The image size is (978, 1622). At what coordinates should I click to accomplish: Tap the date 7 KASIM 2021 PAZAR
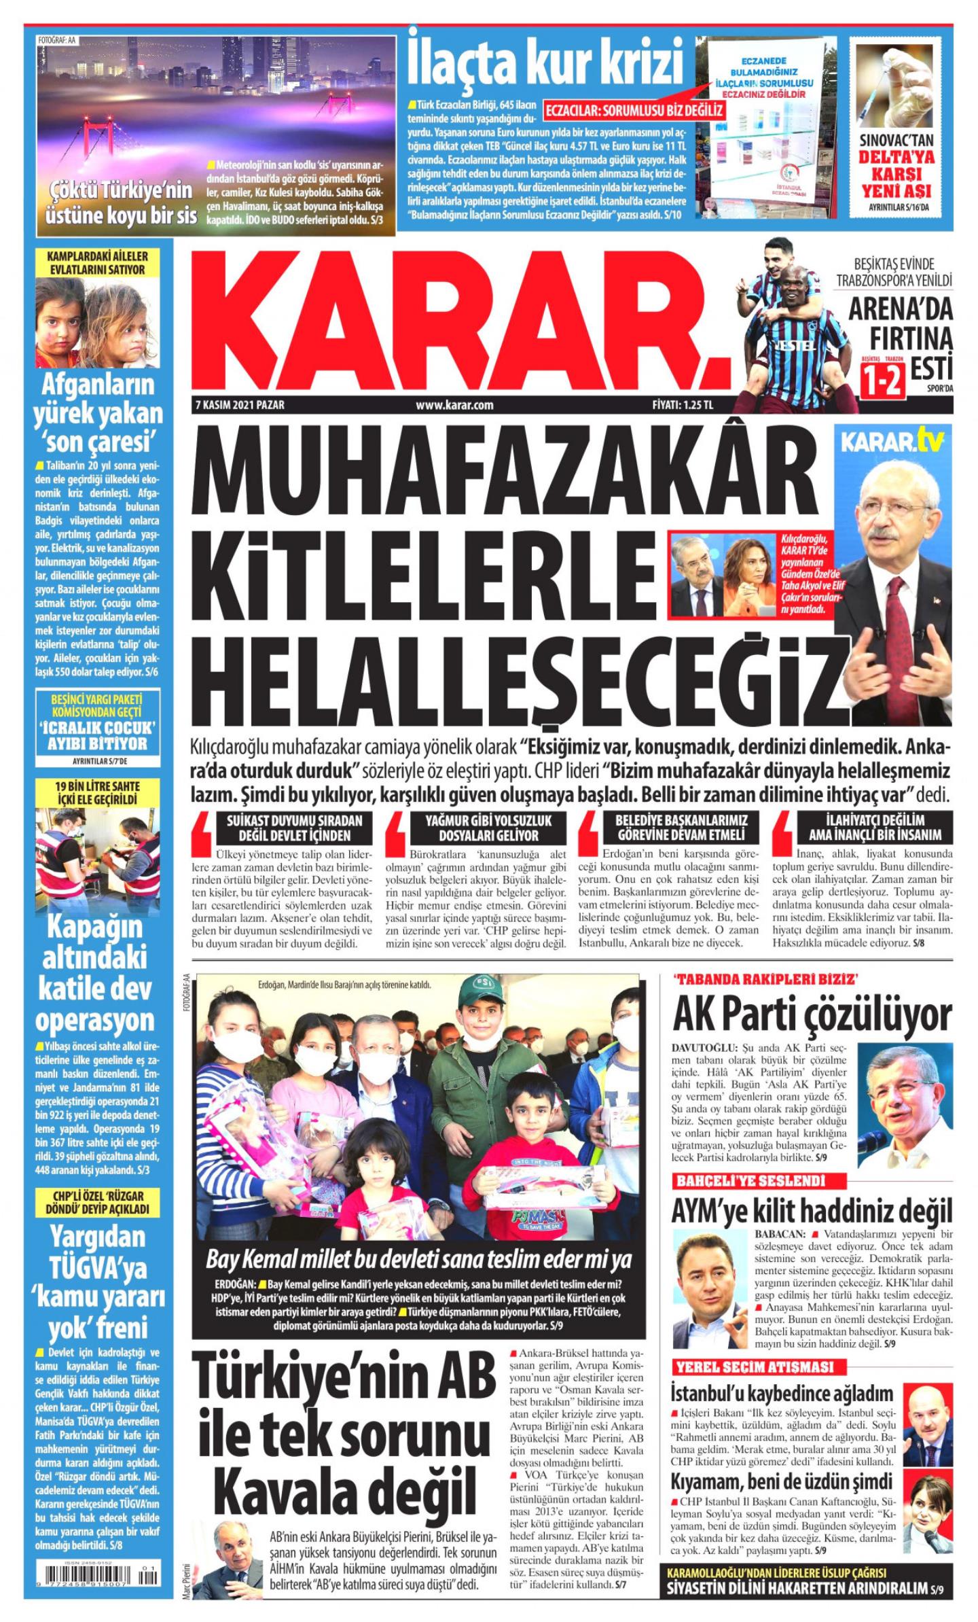[x=238, y=406]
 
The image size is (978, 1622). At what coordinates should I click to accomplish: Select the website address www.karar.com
[x=454, y=406]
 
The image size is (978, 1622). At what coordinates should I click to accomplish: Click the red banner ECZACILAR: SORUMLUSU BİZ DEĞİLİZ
[x=634, y=109]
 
